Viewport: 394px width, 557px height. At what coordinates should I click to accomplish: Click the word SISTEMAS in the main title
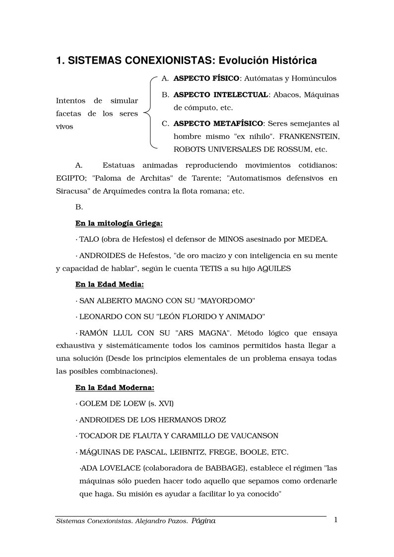point(90,61)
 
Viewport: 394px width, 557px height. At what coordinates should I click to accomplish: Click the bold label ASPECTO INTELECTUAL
point(220,95)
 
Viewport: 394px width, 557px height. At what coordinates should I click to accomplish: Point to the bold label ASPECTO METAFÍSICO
point(218,124)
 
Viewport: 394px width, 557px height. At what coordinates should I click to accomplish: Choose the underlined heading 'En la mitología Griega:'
point(112,223)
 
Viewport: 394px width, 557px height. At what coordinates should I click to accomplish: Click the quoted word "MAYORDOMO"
point(226,301)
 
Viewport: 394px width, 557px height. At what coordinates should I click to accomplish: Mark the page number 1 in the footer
point(336,520)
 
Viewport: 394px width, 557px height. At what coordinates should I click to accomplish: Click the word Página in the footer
point(203,521)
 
